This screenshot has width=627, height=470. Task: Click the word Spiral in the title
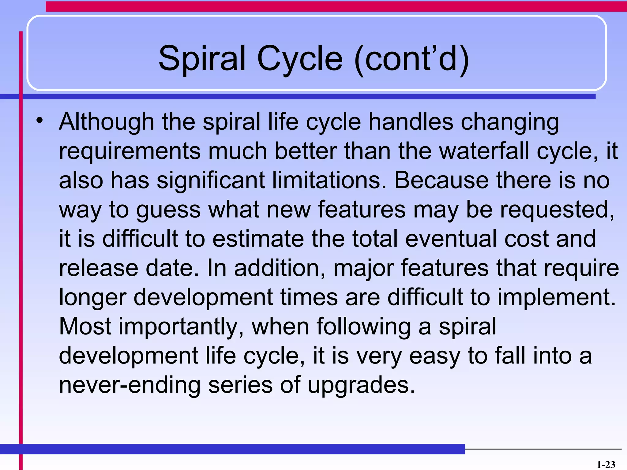[202, 59]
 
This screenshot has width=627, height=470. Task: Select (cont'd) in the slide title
[411, 59]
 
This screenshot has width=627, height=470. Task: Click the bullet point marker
[39, 120]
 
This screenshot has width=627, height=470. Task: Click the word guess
[168, 210]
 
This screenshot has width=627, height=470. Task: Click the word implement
[556, 297]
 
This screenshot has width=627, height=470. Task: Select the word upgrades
[361, 386]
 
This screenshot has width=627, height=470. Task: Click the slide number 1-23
[606, 464]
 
